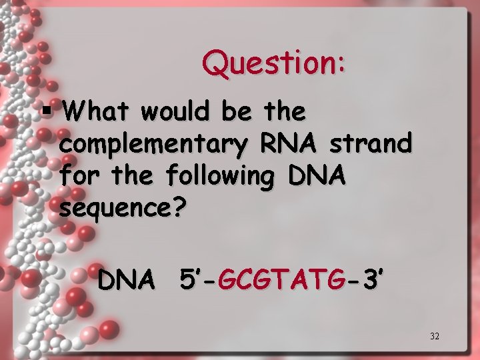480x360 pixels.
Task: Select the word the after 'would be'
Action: click(285, 111)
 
